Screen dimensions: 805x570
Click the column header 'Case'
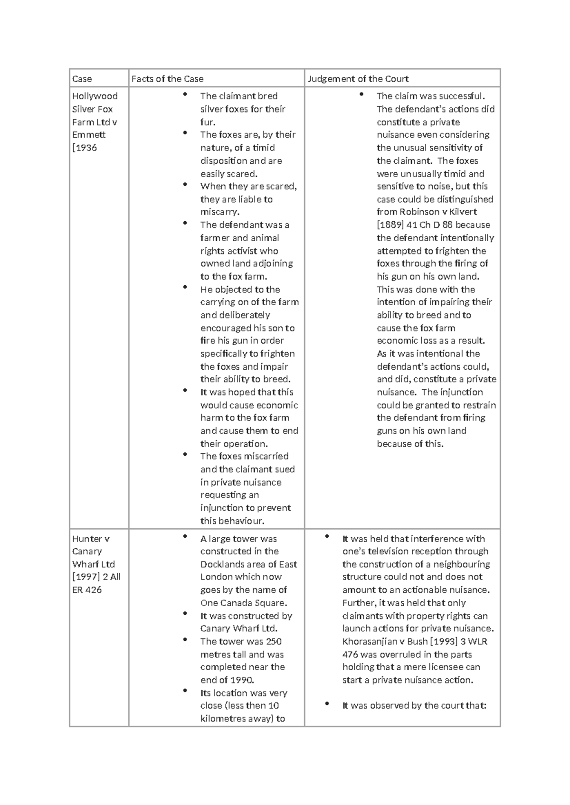(x=82, y=79)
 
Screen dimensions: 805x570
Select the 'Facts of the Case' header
(x=167, y=79)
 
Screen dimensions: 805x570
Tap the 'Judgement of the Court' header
(x=358, y=79)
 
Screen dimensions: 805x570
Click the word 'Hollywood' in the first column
(x=95, y=96)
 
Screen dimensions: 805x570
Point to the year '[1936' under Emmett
(x=85, y=148)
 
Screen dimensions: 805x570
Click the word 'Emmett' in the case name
(x=89, y=135)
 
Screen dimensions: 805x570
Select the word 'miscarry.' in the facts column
(x=220, y=212)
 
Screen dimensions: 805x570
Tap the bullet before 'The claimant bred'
(x=184, y=94)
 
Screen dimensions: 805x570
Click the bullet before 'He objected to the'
(x=184, y=288)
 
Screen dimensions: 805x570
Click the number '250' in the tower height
(x=274, y=642)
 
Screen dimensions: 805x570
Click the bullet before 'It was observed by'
(x=327, y=704)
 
